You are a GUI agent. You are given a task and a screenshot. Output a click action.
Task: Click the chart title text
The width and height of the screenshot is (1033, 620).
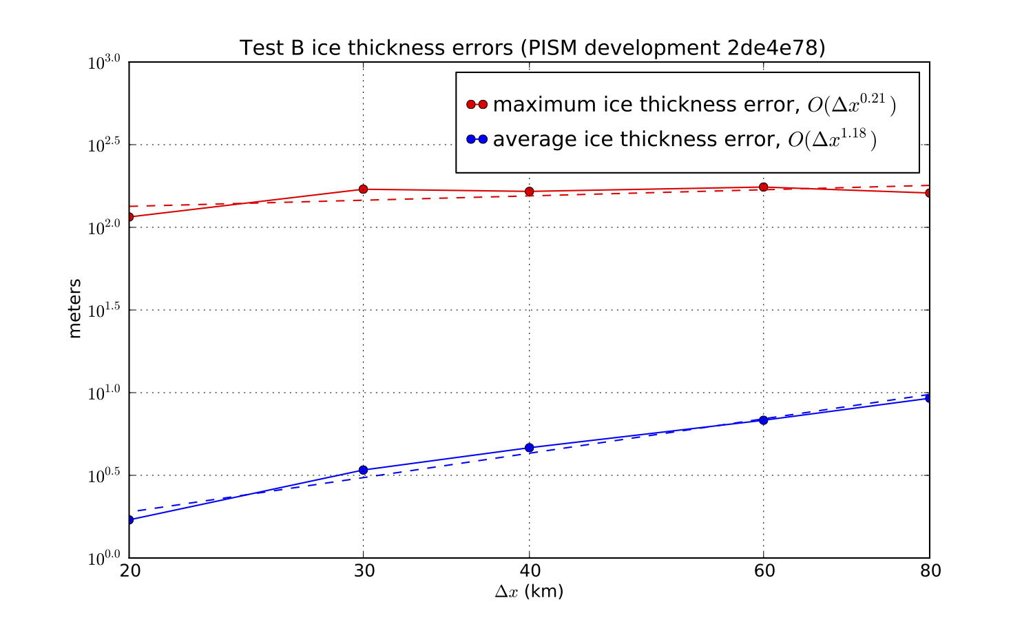[x=532, y=48]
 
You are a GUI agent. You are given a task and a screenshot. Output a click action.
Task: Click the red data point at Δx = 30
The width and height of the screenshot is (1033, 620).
[x=363, y=189]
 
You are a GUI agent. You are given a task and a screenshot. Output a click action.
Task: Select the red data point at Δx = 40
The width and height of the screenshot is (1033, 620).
[x=529, y=192]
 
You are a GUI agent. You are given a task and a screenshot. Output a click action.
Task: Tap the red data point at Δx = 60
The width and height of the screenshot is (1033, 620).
[x=763, y=187]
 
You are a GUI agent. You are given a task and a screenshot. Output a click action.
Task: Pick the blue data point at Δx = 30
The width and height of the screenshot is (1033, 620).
[x=363, y=471]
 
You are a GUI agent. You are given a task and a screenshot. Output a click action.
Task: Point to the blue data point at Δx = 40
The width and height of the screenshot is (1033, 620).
[x=529, y=448]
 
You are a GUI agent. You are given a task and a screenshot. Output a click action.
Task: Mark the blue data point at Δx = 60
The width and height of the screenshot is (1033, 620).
[x=763, y=420]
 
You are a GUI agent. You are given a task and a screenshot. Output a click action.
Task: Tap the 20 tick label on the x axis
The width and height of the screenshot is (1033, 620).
[x=129, y=571]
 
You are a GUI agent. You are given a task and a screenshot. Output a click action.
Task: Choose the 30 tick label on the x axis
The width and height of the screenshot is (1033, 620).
[x=363, y=571]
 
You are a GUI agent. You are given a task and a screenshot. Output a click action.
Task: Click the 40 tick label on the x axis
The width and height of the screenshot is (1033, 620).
[x=529, y=571]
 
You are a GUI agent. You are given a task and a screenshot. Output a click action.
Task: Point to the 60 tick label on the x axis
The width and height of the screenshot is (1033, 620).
[x=763, y=571]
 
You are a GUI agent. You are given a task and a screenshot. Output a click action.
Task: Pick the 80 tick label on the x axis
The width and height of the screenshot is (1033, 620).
[x=929, y=571]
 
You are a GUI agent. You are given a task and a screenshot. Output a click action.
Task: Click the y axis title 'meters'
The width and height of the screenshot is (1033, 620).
[x=75, y=308]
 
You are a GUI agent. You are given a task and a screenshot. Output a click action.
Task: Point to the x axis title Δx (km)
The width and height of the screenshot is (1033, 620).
[x=529, y=592]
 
